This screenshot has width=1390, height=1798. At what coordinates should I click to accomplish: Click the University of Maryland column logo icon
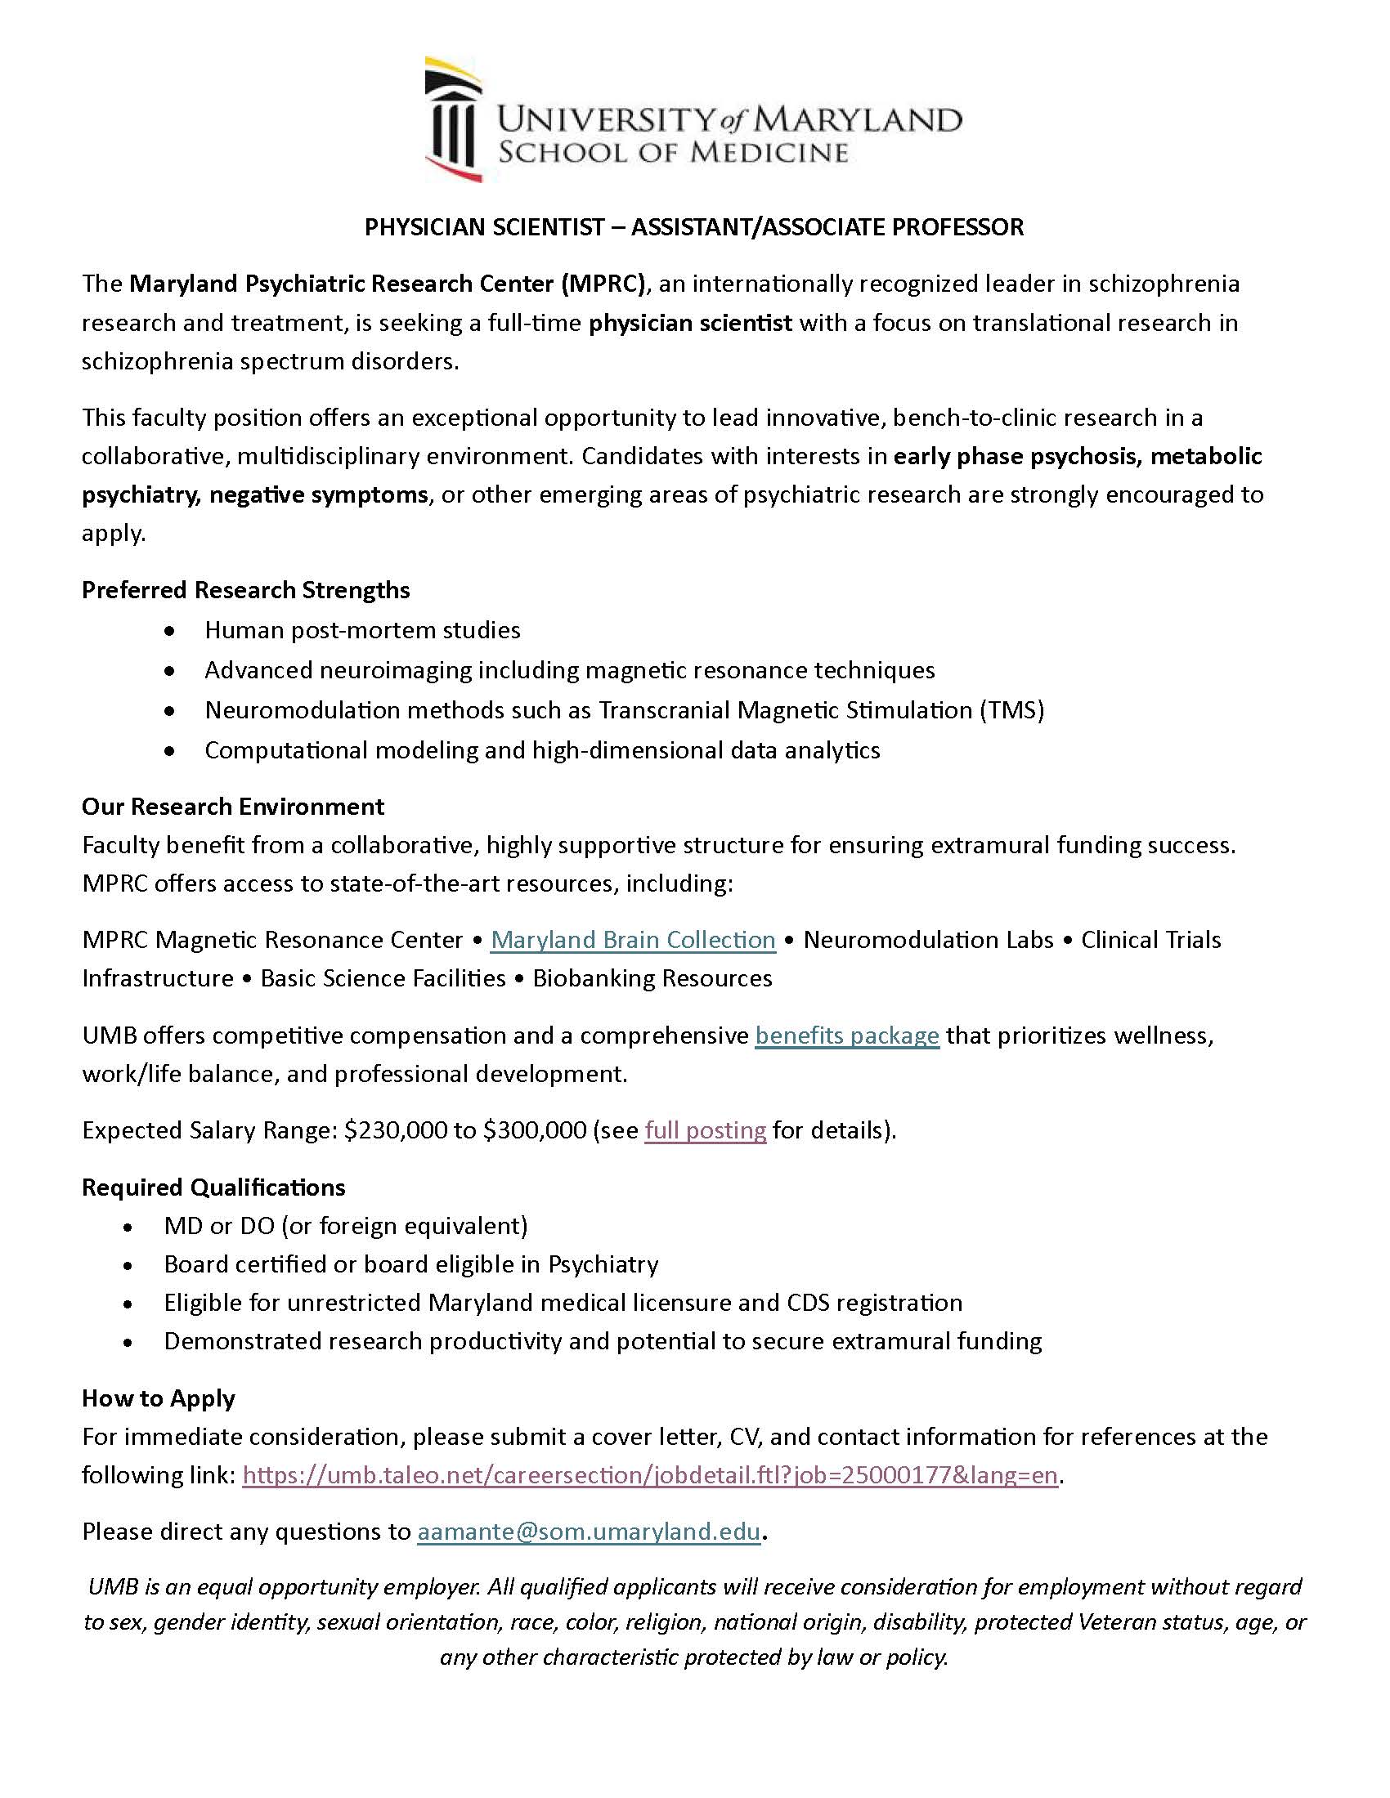click(452, 120)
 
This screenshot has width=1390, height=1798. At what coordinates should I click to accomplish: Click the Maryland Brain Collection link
click(632, 939)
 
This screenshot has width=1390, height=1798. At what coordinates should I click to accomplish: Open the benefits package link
click(846, 1035)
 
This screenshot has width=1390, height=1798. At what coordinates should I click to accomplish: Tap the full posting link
click(705, 1129)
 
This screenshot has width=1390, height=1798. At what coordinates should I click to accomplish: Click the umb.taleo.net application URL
click(650, 1474)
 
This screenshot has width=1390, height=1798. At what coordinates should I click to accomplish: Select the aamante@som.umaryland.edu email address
click(588, 1532)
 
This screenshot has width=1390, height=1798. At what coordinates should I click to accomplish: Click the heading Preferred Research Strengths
click(245, 590)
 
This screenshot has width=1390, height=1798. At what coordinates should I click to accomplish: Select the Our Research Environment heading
click(232, 806)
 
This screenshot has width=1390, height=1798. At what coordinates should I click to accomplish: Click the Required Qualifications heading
click(213, 1187)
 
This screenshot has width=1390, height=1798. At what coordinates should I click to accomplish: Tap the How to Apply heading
click(158, 1398)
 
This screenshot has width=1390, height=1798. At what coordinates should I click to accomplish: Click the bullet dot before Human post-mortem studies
click(169, 631)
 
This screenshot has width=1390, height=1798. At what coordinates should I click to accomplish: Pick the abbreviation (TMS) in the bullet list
click(1011, 709)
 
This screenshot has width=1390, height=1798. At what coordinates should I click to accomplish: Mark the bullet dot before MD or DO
click(128, 1227)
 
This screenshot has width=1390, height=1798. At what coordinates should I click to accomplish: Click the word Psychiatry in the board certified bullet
click(603, 1264)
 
